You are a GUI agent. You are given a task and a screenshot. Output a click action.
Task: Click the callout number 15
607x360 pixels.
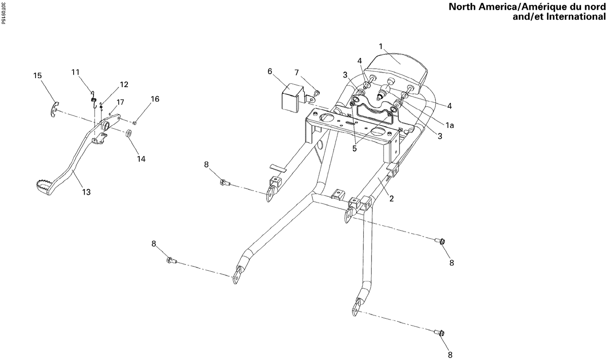point(37,76)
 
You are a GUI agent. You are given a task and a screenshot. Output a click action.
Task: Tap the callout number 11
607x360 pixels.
point(75,72)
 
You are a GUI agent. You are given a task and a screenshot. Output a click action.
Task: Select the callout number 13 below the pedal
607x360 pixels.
point(86,192)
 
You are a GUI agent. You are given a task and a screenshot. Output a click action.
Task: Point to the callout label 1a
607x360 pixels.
point(450,126)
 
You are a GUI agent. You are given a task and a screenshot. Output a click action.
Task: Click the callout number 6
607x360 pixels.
point(270,71)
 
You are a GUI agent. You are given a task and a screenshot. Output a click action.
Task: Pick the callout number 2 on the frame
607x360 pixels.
point(391,199)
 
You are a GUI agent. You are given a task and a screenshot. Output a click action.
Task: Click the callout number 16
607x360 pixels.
point(155,99)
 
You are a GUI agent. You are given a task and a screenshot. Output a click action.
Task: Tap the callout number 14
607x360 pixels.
point(141,159)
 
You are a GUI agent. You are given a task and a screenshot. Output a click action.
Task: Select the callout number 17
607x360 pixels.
point(120,102)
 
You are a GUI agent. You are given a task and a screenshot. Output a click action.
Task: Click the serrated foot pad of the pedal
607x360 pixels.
point(41,187)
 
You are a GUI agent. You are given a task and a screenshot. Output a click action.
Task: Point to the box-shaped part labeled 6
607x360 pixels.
point(290,98)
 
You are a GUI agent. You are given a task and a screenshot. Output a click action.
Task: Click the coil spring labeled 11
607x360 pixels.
point(93,98)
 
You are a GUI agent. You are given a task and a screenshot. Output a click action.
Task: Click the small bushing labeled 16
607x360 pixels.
point(135,123)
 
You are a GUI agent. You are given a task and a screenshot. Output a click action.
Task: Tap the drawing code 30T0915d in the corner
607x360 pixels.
point(3,14)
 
